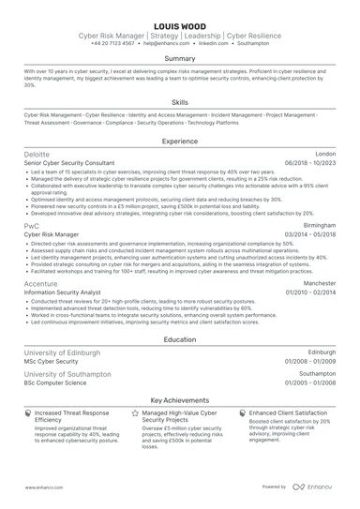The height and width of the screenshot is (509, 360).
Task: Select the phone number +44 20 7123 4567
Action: [x=113, y=43]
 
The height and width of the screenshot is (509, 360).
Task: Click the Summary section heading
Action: [x=180, y=58]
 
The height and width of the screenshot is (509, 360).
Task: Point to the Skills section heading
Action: [x=180, y=102]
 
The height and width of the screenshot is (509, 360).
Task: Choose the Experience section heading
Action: [x=180, y=141]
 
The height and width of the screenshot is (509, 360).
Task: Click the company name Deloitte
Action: [x=37, y=154]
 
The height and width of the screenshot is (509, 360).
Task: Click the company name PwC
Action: [x=32, y=226]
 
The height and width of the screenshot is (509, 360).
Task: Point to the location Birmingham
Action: [x=319, y=226]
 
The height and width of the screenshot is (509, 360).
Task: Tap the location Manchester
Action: [x=319, y=282]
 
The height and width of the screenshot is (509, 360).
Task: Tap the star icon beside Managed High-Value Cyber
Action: [x=135, y=412]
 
